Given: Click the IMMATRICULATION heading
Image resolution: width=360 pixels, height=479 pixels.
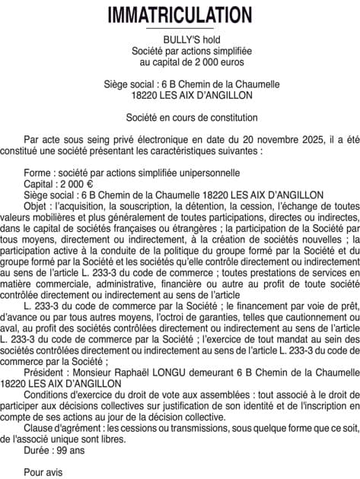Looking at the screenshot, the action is tap(180, 14).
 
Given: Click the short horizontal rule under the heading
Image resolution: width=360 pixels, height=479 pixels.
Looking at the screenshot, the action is tap(180, 28).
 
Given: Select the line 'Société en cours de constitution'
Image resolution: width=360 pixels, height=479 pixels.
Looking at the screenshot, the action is tap(180, 118).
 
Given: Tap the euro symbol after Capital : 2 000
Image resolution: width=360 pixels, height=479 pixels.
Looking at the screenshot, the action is tap(90, 183).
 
